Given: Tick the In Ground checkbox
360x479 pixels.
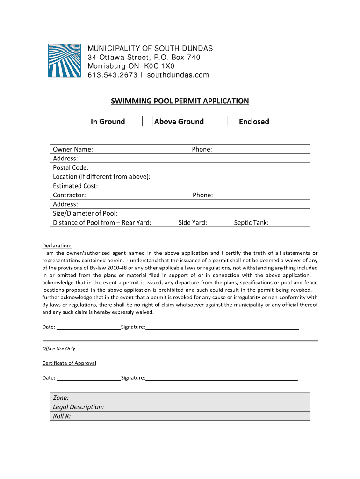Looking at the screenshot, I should [84, 121].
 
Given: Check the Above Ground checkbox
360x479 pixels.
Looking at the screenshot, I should [147, 121].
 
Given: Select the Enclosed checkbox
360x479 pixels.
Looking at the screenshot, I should [232, 121].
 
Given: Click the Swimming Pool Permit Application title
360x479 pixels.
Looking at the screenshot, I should [180, 101].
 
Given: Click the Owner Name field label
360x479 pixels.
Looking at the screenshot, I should [72, 149].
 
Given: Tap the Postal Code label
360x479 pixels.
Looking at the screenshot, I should [71, 167].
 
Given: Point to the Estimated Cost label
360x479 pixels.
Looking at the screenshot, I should [75, 186].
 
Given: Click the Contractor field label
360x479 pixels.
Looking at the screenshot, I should [69, 195].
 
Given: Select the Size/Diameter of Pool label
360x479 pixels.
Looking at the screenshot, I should [85, 213].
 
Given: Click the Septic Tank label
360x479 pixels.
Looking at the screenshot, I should [251, 223].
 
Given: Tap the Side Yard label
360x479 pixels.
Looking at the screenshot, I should [193, 223].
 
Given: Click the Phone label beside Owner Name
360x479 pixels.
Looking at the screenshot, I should [202, 149].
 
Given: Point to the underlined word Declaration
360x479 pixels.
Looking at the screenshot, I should [57, 246].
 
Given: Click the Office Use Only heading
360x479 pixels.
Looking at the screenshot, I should [58, 348].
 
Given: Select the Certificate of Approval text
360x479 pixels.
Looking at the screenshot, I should [69, 363].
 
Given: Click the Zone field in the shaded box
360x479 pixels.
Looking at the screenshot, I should [61, 398].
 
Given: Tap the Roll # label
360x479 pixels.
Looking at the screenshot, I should [62, 416].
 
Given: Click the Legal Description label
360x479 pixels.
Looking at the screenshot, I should [78, 407].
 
